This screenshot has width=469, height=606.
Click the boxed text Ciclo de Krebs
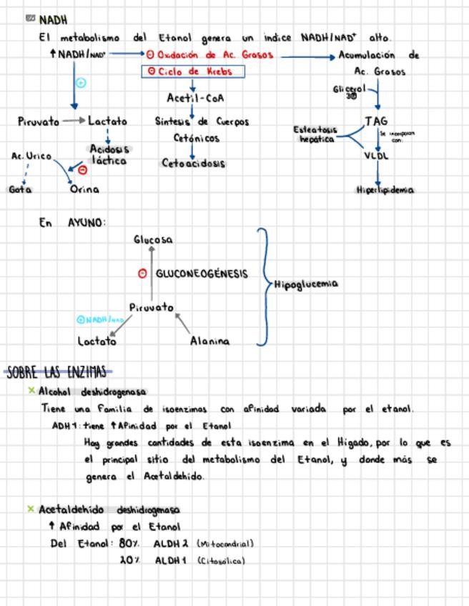[194, 71]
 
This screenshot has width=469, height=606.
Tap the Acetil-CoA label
[195, 98]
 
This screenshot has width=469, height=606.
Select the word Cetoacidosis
[193, 163]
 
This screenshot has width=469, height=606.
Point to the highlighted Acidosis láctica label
[109, 155]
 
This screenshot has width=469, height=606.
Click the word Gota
[20, 189]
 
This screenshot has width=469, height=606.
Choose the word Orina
[84, 189]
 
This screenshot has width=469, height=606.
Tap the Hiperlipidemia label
[385, 190]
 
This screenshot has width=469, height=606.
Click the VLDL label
[376, 155]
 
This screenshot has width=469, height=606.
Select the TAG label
[376, 121]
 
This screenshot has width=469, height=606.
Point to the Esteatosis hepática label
[315, 134]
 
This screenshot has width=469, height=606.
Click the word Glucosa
[153, 240]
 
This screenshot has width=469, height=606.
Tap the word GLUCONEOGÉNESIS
[202, 274]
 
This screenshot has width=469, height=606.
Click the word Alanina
[210, 342]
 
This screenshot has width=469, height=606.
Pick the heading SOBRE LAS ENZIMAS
[57, 372]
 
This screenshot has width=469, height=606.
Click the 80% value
[129, 543]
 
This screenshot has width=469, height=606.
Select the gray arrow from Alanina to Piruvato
[182, 324]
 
